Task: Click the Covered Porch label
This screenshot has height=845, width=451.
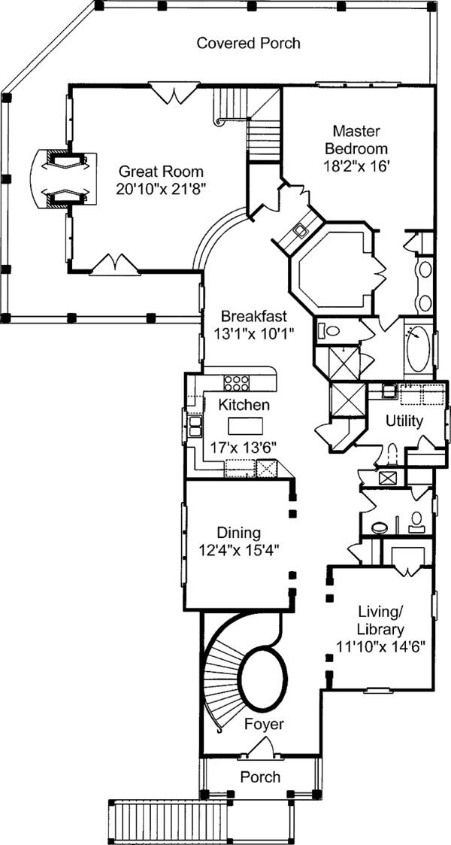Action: (x=248, y=43)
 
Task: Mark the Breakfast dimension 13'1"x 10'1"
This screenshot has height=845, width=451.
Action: (x=252, y=332)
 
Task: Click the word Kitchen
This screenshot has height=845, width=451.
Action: (x=244, y=405)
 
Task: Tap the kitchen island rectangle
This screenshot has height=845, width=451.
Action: (x=244, y=425)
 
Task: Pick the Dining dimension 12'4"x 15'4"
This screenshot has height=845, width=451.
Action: (x=238, y=549)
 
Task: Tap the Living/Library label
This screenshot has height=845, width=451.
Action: (x=381, y=620)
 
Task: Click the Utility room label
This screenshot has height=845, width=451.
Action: (x=404, y=421)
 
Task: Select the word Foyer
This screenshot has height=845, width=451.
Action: (x=264, y=724)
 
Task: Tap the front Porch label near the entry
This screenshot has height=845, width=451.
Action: (x=260, y=777)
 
